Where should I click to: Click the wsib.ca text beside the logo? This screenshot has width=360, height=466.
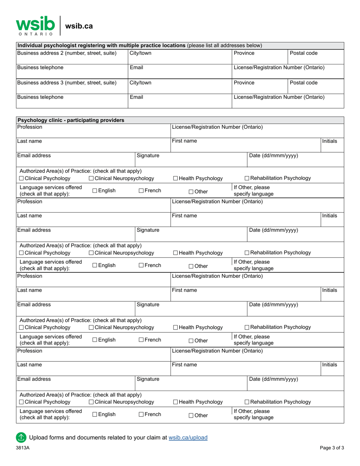(79, 26)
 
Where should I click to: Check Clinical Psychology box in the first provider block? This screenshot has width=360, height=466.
(21, 178)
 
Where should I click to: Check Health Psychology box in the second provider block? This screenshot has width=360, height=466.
(175, 253)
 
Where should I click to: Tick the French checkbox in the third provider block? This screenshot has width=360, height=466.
(141, 340)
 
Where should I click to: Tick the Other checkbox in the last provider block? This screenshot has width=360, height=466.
(191, 416)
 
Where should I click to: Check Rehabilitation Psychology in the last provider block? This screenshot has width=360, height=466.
(247, 402)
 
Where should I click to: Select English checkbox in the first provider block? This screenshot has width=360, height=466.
(95, 191)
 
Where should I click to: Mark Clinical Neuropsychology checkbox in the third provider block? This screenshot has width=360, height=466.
(91, 327)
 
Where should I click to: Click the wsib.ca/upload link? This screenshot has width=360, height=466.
(188, 438)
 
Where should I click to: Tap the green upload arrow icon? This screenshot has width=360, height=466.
(21, 438)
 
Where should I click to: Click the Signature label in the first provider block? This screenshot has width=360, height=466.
(148, 155)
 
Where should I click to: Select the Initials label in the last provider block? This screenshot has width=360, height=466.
(329, 364)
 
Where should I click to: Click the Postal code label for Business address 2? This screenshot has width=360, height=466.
(304, 53)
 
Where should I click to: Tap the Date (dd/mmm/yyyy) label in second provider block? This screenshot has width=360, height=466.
(273, 230)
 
